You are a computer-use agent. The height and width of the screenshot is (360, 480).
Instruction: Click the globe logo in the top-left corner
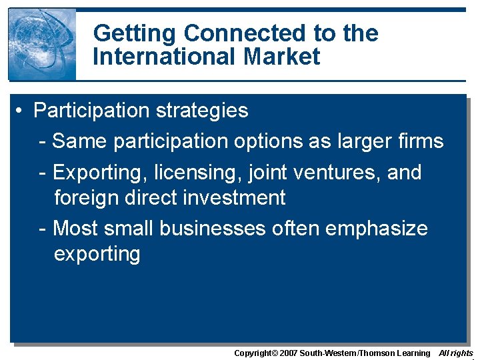(x=42, y=44)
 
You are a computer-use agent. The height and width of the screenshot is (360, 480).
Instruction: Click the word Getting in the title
(x=135, y=33)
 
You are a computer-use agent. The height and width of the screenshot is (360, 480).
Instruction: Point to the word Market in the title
(x=282, y=57)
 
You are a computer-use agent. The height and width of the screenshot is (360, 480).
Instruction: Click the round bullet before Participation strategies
(x=22, y=111)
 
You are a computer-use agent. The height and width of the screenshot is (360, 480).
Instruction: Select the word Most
(x=77, y=229)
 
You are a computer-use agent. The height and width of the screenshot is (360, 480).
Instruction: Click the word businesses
(x=212, y=229)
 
